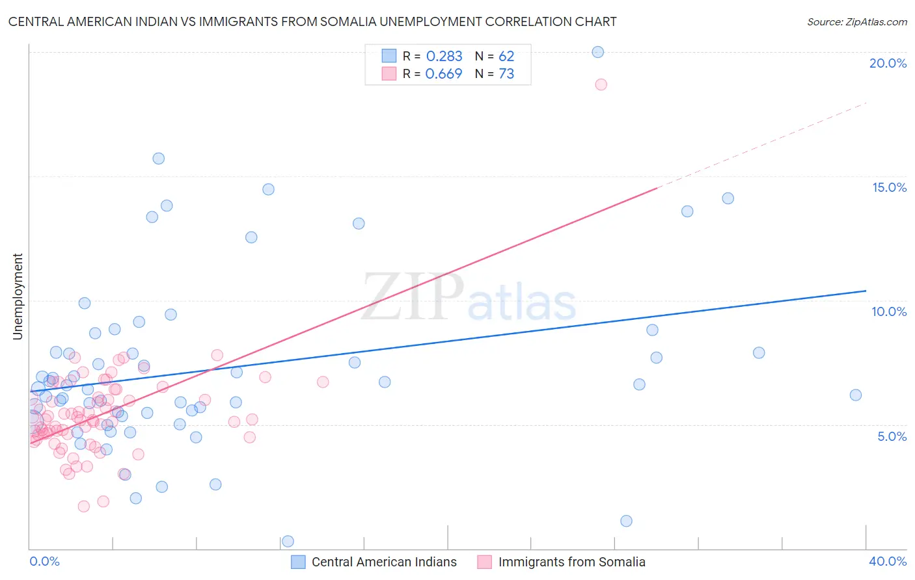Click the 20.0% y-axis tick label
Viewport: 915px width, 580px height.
point(888,63)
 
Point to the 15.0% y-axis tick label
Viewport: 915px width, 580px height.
point(889,187)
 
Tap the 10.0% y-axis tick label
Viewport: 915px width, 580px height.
point(889,311)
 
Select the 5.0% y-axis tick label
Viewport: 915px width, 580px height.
point(892,436)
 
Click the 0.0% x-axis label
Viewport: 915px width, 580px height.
point(44,561)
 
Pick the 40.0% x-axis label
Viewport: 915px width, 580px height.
point(888,561)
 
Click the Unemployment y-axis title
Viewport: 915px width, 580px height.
point(18,297)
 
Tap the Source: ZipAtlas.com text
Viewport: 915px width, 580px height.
point(856,22)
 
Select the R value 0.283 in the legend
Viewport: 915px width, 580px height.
point(444,57)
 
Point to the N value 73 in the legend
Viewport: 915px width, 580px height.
point(506,74)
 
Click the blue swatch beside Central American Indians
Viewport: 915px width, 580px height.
point(298,562)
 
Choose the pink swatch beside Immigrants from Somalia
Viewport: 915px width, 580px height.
point(484,562)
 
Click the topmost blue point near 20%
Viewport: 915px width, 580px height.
point(598,52)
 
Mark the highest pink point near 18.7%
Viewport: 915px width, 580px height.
point(601,85)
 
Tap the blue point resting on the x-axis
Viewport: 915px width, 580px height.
point(288,542)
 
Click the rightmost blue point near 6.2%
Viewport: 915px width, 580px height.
point(856,395)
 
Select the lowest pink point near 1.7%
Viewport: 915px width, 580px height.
point(83,507)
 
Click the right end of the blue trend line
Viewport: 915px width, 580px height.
point(866,291)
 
